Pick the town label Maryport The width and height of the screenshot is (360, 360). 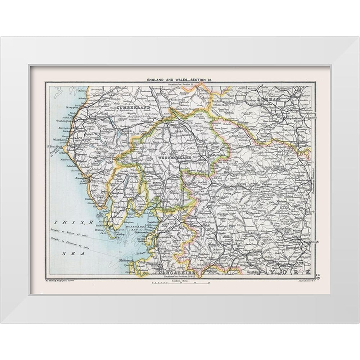click(72, 107)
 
